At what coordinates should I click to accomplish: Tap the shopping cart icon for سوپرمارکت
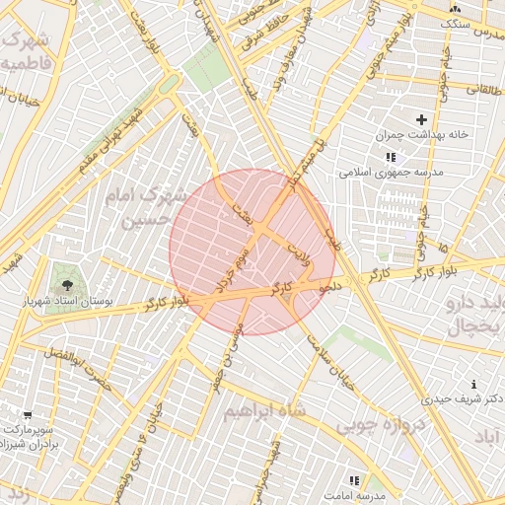28,415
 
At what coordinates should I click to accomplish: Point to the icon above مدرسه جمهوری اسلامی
391,157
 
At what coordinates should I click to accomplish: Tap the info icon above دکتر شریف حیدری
474,384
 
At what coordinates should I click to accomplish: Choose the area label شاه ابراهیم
264,409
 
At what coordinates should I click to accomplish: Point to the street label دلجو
329,284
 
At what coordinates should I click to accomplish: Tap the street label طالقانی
484,89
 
